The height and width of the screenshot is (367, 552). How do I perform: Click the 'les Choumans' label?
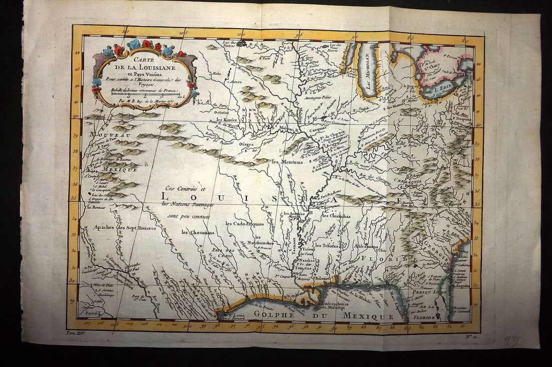pyautogui.click(x=198, y=232)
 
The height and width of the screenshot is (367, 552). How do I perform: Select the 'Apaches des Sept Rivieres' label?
pyautogui.click(x=124, y=227)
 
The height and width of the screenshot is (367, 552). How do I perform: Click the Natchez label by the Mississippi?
pyautogui.click(x=307, y=261)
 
